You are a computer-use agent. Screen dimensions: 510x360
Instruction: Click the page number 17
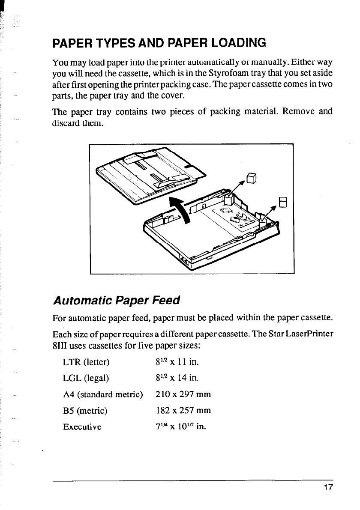click(x=329, y=488)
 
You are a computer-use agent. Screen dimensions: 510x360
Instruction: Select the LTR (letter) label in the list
click(x=87, y=363)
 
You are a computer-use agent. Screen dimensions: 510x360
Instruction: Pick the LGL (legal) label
click(x=86, y=378)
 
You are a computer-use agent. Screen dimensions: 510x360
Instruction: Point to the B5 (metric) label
click(x=85, y=411)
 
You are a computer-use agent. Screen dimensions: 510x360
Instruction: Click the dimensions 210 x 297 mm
click(x=183, y=394)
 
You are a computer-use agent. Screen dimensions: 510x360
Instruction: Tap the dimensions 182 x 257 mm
click(x=183, y=411)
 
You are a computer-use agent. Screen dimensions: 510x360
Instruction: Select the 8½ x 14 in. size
click(x=176, y=378)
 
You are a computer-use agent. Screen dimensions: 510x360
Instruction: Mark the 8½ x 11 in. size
click(x=176, y=363)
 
